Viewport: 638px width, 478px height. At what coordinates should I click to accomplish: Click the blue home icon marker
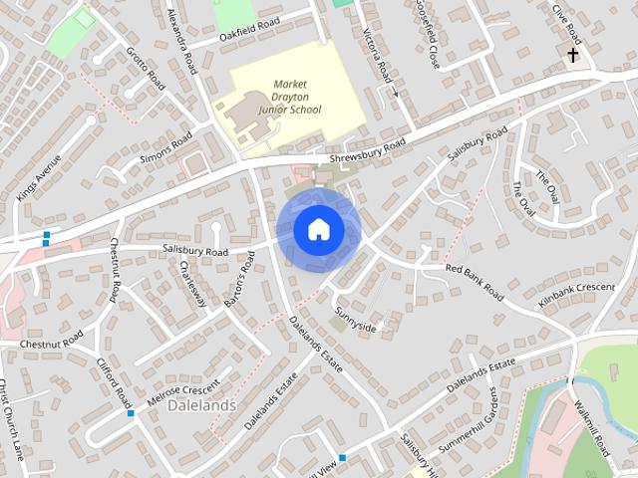click(318, 229)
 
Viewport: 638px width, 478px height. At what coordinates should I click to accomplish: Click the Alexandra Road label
click(185, 32)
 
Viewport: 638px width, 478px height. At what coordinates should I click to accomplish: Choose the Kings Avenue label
click(39, 178)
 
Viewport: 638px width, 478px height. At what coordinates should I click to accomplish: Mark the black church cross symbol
click(573, 55)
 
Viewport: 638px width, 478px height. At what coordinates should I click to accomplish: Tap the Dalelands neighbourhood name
click(201, 405)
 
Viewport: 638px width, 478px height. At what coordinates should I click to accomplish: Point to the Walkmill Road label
click(592, 429)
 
